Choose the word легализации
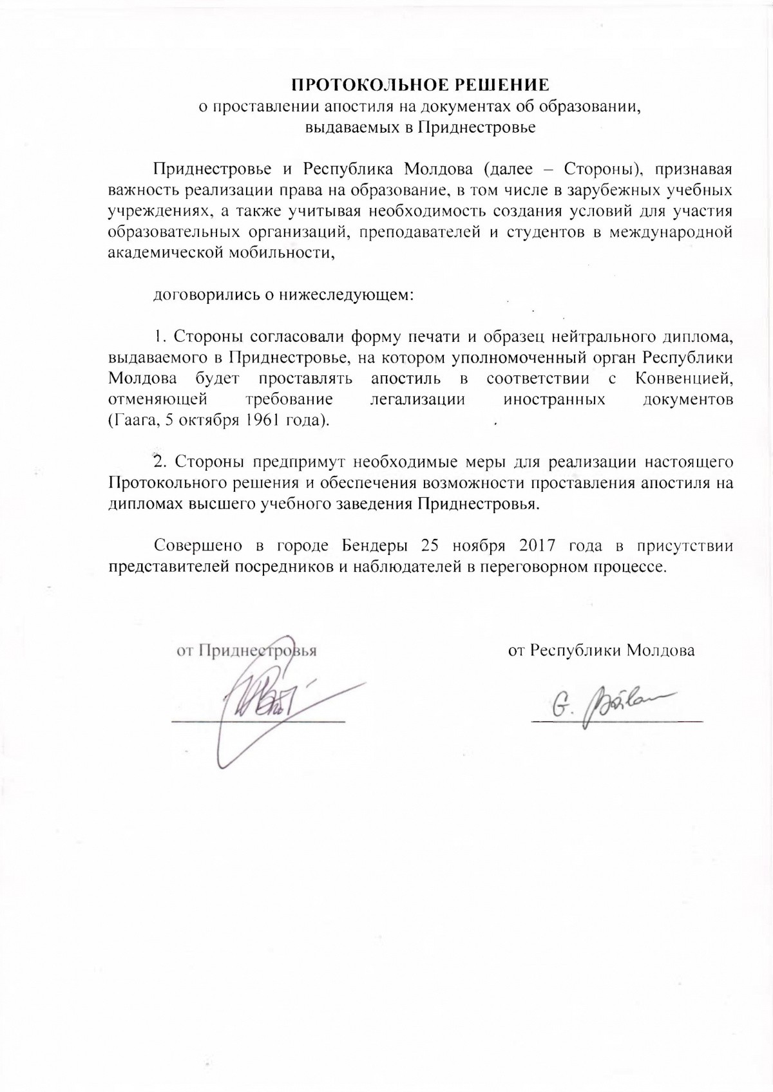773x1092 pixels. coord(417,399)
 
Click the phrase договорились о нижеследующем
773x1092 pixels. coord(283,296)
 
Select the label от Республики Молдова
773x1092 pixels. coord(602,650)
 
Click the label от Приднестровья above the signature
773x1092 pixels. coord(247,650)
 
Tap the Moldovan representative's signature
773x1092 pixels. coord(606,704)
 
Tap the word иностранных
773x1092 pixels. coord(554,399)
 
